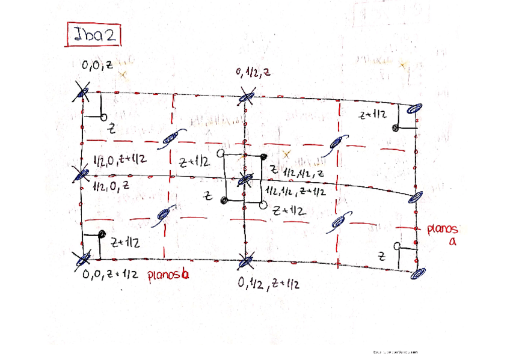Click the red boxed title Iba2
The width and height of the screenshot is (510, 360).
click(x=94, y=35)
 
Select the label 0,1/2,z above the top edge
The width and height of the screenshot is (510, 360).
click(x=253, y=73)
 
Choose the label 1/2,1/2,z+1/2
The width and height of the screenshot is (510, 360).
click(x=295, y=192)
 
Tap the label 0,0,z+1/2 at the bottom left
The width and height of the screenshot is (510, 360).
click(x=111, y=275)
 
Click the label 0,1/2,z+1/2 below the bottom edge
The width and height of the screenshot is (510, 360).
click(x=268, y=283)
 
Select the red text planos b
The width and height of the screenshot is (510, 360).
click(x=168, y=276)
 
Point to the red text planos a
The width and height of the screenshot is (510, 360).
click(x=443, y=234)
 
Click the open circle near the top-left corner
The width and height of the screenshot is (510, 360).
click(x=103, y=115)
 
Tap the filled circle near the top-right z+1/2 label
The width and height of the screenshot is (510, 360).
click(x=396, y=128)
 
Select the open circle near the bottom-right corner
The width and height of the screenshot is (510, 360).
click(x=396, y=246)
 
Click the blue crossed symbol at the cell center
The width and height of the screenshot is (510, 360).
click(x=244, y=178)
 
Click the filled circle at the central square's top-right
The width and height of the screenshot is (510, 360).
click(x=263, y=157)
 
